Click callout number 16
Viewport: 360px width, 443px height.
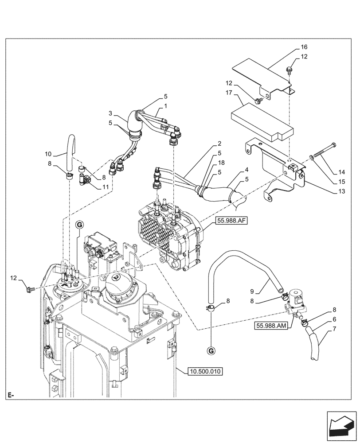304,47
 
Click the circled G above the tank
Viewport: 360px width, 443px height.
79,225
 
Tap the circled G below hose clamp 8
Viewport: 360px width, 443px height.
211,351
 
